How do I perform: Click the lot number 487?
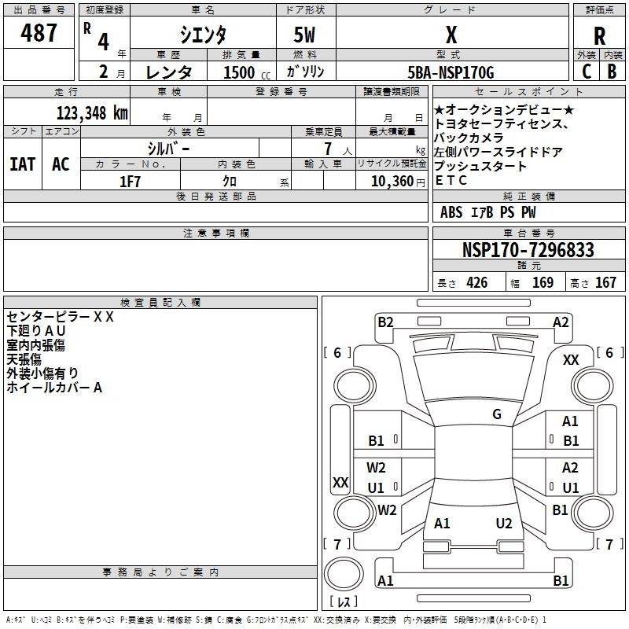(40, 33)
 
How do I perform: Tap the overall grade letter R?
(599, 36)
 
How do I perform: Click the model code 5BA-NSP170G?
(451, 72)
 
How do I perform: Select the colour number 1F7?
(130, 180)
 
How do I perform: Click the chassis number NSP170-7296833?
(528, 250)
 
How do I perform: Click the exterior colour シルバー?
(168, 148)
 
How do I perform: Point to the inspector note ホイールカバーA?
(54, 388)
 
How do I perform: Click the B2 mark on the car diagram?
(385, 322)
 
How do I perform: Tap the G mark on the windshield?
(497, 414)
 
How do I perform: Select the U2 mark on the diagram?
(504, 524)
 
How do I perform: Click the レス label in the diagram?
(343, 602)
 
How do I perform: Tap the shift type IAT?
(22, 164)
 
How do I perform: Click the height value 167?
(605, 283)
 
